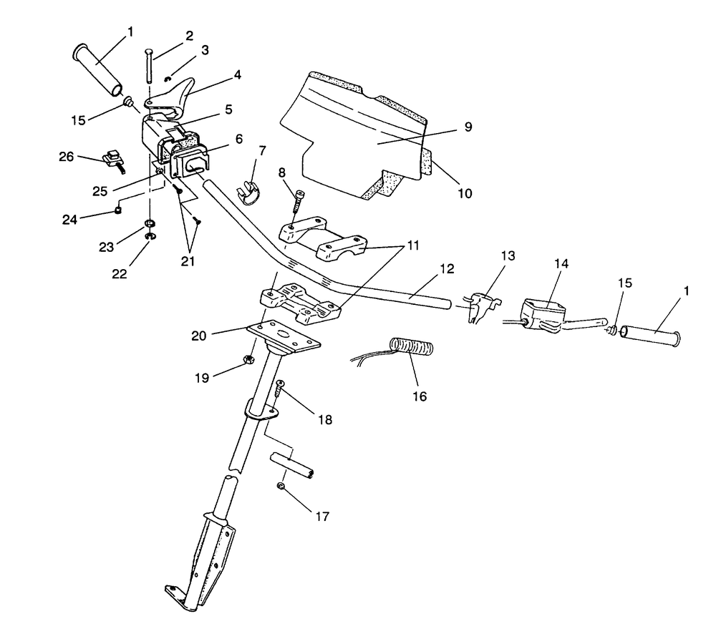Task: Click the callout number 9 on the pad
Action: pos(468,127)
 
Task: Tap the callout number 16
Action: pos(420,396)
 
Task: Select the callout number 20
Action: pos(199,336)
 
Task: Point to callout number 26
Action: pos(66,157)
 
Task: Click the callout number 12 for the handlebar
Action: pos(447,269)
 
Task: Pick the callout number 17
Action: pos(322,516)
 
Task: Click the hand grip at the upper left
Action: pos(97,70)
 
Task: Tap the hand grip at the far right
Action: pos(651,336)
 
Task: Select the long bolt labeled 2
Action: pos(149,65)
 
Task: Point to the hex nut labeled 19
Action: pos(249,359)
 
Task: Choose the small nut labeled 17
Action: pos(281,487)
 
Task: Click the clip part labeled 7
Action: pos(248,193)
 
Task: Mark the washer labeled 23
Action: pos(149,223)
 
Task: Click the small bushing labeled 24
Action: pos(118,210)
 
